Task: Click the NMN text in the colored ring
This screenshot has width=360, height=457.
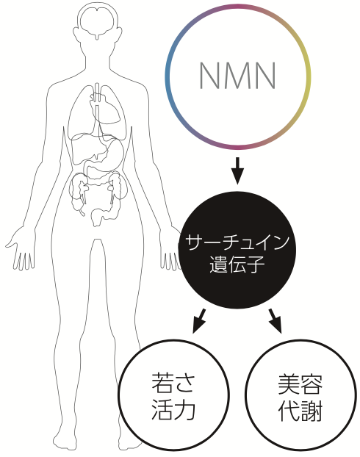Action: (x=237, y=76)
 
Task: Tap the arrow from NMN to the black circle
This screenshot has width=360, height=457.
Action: (x=237, y=170)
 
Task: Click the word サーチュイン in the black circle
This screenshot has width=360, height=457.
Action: (x=237, y=242)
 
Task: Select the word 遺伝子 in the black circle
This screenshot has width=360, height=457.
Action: (x=237, y=265)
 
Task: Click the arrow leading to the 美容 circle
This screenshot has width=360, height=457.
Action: (x=276, y=320)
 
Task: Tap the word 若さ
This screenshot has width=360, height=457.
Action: (x=173, y=382)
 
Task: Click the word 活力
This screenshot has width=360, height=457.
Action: (x=173, y=409)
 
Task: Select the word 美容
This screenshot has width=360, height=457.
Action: (x=300, y=384)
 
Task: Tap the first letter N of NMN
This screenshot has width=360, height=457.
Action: (x=210, y=76)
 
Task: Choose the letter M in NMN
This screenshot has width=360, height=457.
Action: (x=237, y=76)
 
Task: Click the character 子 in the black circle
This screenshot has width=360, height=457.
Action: (x=256, y=265)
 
